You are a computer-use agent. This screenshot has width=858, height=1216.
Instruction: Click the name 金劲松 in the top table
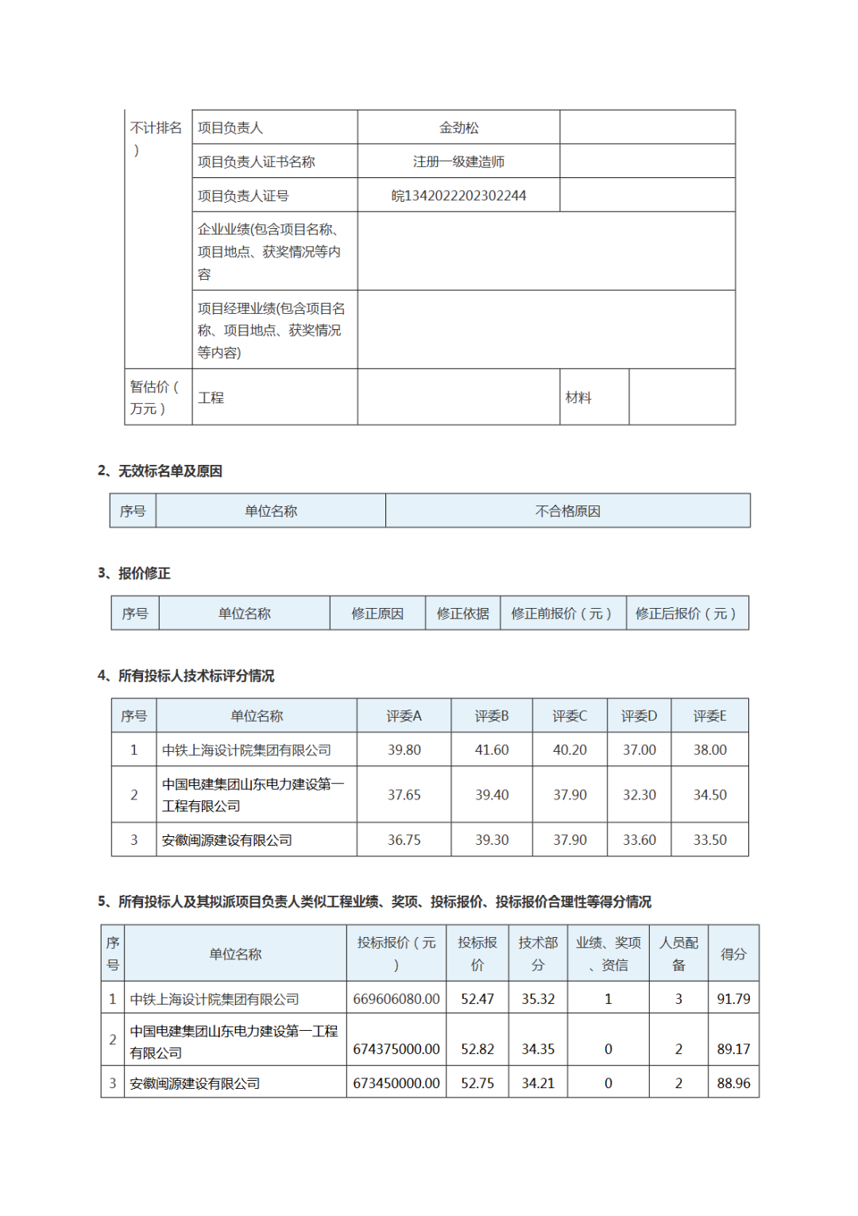pos(458,127)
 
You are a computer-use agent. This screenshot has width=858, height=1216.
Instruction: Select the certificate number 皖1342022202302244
pos(458,196)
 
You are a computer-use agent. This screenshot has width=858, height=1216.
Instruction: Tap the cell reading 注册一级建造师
pos(458,161)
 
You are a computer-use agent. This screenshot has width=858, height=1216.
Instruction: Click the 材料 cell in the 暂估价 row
pos(578,397)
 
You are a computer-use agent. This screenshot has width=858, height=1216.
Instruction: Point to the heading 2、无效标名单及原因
pos(160,471)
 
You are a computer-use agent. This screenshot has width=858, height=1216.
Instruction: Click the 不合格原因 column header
pos(567,511)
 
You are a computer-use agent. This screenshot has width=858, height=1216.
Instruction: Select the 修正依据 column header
pos(462,614)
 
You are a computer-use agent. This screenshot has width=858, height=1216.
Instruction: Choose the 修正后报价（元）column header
pos(686,614)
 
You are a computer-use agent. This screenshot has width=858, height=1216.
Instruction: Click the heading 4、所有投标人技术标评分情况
pos(186,676)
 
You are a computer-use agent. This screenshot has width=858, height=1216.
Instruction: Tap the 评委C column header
pos(570,716)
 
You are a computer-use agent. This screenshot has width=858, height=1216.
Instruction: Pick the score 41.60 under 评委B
pos(492,749)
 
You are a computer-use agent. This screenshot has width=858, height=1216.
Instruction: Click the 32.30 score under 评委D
pos(639,795)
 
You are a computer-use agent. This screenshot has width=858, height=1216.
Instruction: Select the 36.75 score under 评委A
pos(404,840)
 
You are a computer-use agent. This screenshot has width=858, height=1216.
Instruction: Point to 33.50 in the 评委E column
pos(709,840)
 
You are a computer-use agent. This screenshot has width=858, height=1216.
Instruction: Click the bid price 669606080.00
pos(396,999)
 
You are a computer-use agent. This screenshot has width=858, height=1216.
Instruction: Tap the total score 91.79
pos(733,999)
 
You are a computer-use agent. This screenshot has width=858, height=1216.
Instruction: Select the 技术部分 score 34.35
pos(538,1049)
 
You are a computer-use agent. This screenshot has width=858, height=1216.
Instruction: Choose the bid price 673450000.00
pos(396,1083)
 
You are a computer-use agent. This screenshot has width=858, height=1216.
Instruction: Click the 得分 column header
pos(733,954)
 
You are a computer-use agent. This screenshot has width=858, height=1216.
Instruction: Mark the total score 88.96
pos(733,1083)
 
